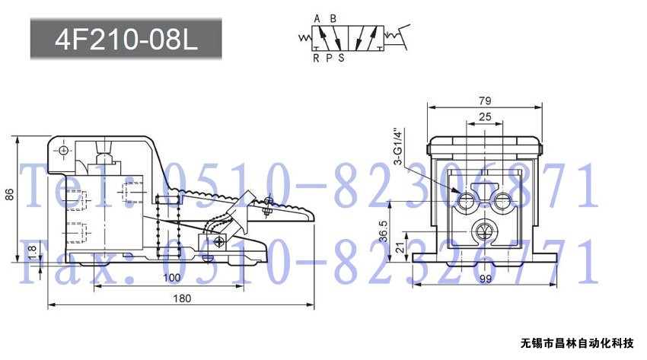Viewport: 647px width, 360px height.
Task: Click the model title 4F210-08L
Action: [126, 40]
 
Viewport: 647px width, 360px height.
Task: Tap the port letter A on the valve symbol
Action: [317, 18]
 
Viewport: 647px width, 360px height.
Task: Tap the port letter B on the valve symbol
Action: [333, 18]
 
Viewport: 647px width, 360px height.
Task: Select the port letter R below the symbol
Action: [316, 58]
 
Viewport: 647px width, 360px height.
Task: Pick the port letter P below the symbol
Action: [329, 58]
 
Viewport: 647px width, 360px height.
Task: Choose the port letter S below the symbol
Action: [341, 58]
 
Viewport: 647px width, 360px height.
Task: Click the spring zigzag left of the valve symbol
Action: [305, 38]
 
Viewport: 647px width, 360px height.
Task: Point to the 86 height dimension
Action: [9, 195]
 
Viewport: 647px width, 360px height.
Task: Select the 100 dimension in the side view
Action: [172, 278]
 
